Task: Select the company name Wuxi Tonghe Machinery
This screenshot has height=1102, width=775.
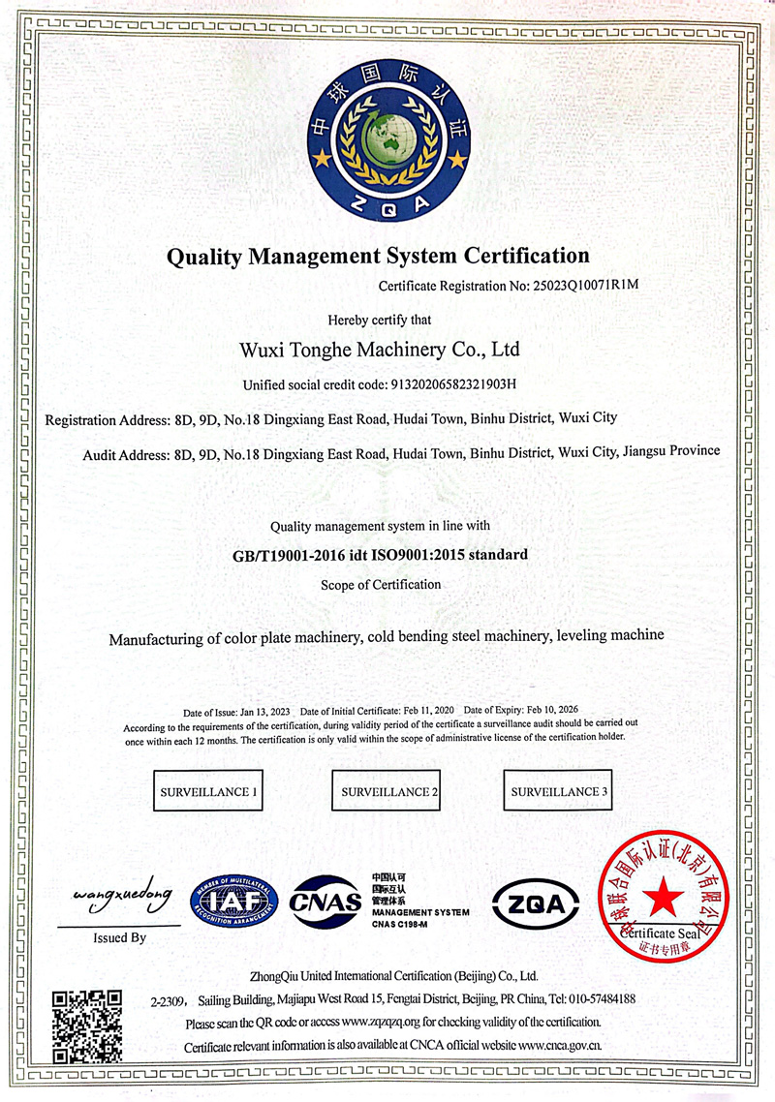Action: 386,348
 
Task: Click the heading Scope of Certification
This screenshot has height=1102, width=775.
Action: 381,585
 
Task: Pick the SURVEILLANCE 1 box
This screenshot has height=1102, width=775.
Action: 208,792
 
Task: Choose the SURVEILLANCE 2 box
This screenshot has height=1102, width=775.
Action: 387,792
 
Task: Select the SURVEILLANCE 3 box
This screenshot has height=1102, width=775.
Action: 560,792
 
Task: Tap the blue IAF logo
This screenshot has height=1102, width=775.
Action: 234,900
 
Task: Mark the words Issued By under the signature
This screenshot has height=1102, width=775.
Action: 120,937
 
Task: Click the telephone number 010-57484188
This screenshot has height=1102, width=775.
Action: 600,998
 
